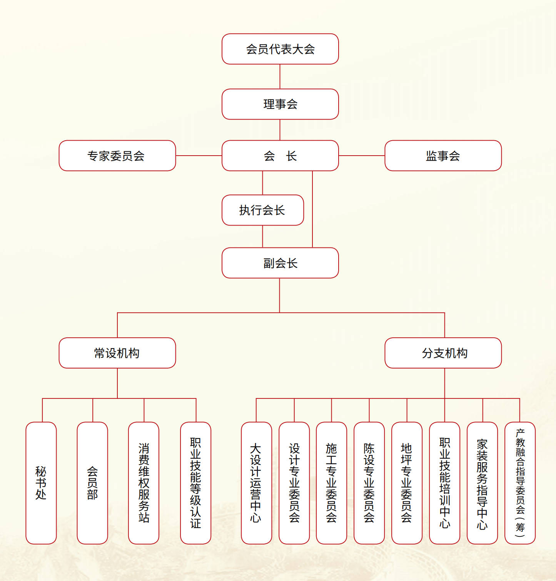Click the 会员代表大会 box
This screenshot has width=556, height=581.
pos(280,49)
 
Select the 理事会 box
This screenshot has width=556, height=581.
pos(280,104)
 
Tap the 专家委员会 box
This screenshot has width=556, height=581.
pos(117,156)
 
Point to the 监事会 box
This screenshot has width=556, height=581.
pos(443,156)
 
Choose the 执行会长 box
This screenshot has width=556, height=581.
pos(262,210)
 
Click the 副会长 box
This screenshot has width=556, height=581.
pos(280,263)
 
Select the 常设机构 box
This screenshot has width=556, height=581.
pos(117,353)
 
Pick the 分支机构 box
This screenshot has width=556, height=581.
pos(443,353)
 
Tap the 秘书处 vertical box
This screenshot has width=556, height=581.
pos(41,483)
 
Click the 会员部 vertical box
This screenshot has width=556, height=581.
pos(92,483)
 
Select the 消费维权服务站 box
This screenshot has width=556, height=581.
pos(144,483)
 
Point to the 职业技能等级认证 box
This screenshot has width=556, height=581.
pos(195,483)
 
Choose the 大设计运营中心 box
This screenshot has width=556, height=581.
pos(256,483)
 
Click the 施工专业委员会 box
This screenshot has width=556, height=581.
pos(331,483)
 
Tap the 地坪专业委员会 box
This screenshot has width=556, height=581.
pos(407,483)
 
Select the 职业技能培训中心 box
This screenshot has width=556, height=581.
pos(444,483)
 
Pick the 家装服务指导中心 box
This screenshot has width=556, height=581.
pos(482,483)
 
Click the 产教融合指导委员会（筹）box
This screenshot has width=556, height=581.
pos(520,483)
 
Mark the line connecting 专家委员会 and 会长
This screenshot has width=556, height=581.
pos(199,156)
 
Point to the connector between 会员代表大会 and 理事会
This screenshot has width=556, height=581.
pos(280,76)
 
